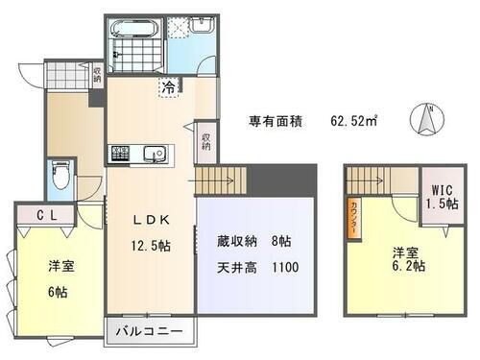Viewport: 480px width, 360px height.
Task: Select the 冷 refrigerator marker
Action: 169,87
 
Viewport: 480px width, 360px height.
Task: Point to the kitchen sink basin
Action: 155,154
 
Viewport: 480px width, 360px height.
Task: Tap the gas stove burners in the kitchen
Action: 122,154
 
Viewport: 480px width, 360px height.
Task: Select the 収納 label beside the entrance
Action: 96,73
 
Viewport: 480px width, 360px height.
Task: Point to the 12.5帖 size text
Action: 151,246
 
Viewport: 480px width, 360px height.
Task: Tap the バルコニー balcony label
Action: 152,331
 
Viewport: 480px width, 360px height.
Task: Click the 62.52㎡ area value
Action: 354,121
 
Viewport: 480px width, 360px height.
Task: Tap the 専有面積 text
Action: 276,121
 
